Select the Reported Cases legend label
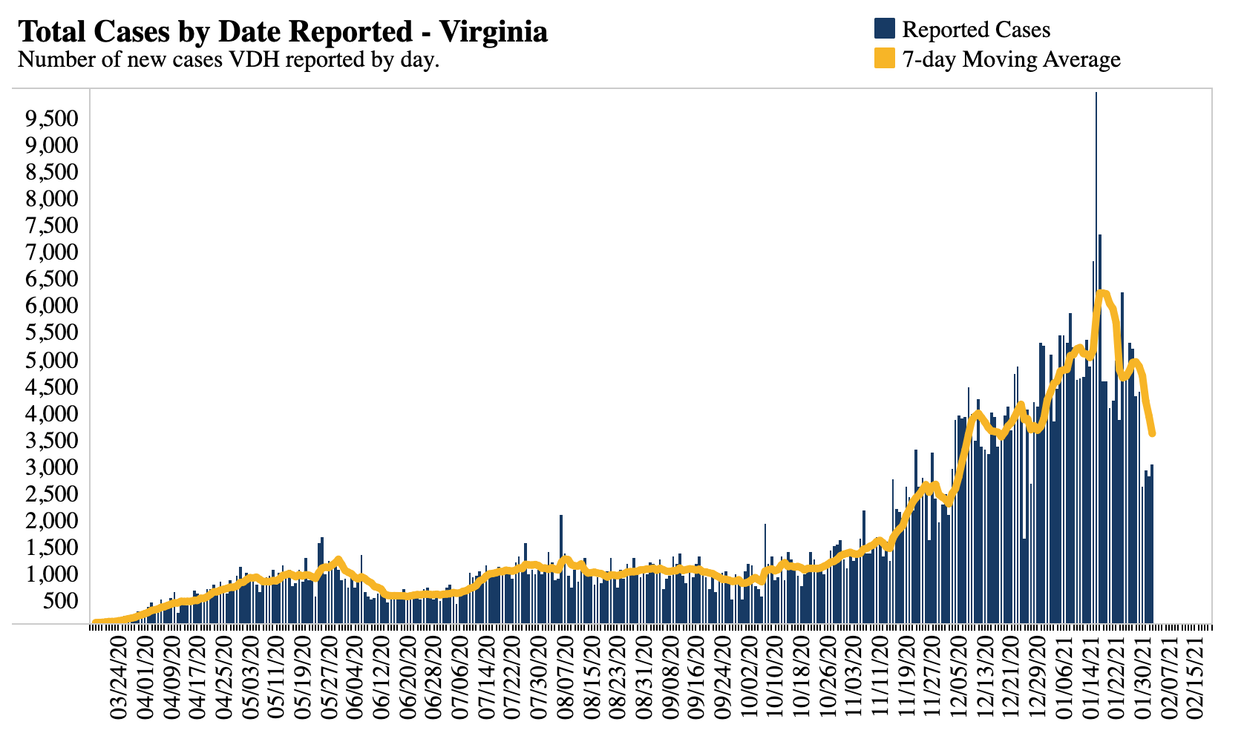point(976,30)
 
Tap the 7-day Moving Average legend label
point(1011,59)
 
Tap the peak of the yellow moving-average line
point(1101,293)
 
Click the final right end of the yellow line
point(1152,433)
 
